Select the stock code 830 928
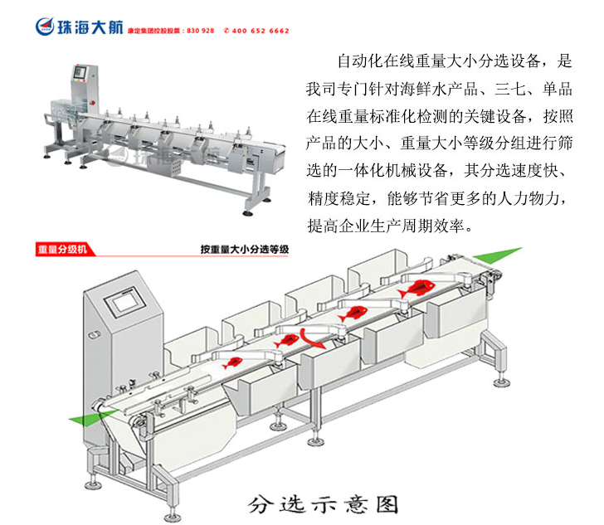202,31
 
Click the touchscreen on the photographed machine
80,72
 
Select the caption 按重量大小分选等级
244,249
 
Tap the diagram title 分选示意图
324,503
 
